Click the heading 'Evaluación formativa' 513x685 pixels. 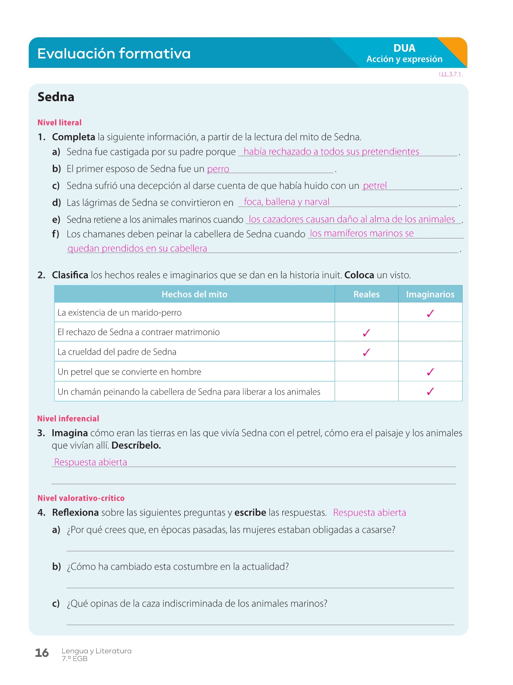[x=114, y=53]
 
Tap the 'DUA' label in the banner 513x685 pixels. [x=404, y=48]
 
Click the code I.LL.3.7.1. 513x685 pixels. [x=451, y=75]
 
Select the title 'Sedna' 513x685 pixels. [x=56, y=97]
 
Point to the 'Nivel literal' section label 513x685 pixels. [x=59, y=123]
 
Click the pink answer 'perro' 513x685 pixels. [x=218, y=169]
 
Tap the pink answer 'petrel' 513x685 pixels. [x=375, y=186]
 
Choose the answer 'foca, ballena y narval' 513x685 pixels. [x=287, y=202]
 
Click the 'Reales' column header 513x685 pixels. [x=366, y=294]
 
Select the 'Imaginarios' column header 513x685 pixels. [x=430, y=294]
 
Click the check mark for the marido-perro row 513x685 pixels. [x=430, y=314]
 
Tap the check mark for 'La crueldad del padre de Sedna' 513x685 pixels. [x=366, y=352]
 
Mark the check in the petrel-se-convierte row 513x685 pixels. [x=430, y=372]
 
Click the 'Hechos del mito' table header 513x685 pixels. [x=194, y=294]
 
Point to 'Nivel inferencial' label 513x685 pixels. [x=68, y=419]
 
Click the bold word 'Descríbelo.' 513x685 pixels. [x=136, y=445]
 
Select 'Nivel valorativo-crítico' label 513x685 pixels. [x=81, y=498]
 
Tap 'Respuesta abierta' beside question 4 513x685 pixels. [x=369, y=513]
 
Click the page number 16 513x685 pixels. [x=42, y=653]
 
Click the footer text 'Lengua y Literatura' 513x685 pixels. [x=97, y=651]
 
